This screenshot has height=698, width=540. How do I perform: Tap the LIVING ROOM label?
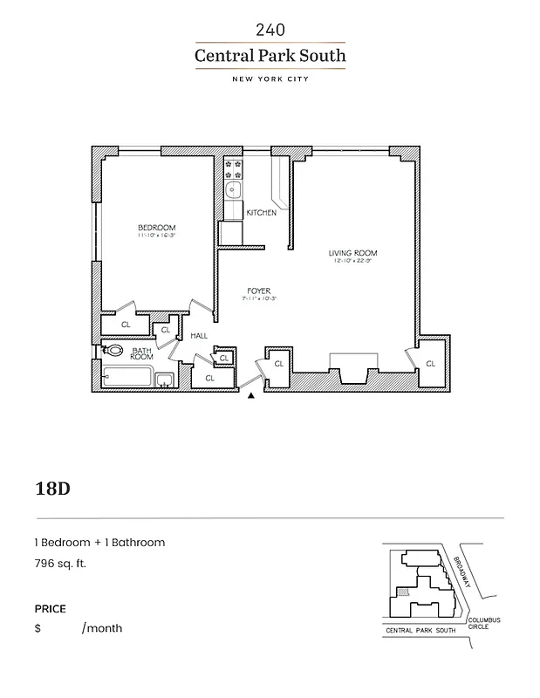pos(352,254)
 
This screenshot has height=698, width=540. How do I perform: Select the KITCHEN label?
pos(261,213)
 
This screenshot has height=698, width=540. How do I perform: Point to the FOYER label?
pos(258,291)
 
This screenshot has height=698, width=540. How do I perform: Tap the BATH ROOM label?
pos(141,353)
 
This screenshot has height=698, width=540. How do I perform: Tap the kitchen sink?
pos(234,190)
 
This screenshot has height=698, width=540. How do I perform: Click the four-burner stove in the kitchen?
pos(234,168)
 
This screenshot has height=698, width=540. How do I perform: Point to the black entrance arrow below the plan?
pos(251,396)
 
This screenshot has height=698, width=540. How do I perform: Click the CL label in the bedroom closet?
pos(126,325)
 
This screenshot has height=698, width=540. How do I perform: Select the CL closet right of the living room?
pos(430,362)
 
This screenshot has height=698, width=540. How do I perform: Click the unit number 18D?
pos(51,487)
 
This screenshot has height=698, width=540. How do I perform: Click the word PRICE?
pos(50,609)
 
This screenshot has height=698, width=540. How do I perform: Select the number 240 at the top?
pos(270,30)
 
